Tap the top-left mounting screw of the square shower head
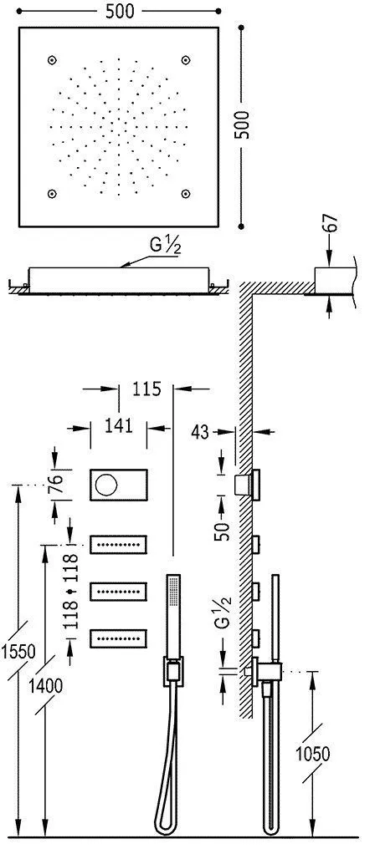click(53, 60)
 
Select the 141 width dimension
click(120, 426)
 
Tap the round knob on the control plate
click(105, 484)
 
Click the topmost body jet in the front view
click(118, 545)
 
